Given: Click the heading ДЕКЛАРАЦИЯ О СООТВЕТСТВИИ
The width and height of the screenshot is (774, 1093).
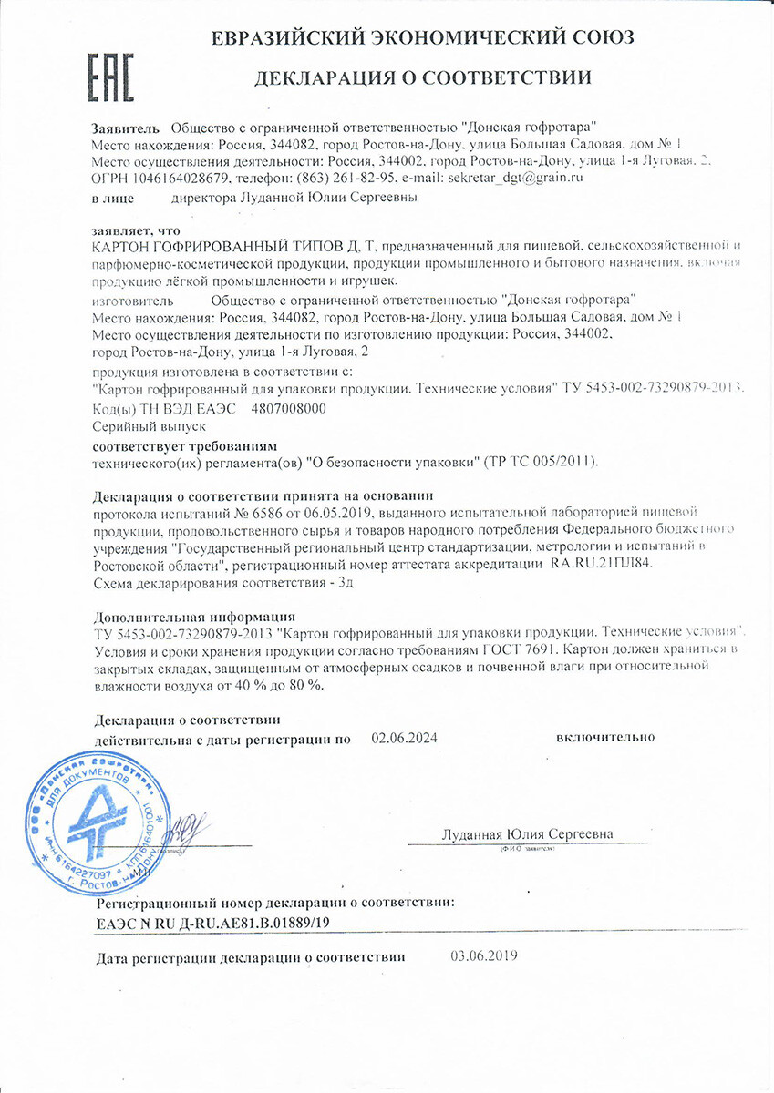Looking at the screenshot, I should [x=422, y=77].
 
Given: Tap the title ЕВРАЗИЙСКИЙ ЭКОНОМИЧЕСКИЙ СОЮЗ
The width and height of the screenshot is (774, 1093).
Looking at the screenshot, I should [x=423, y=37].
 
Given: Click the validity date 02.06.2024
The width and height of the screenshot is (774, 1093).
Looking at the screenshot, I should [x=405, y=739].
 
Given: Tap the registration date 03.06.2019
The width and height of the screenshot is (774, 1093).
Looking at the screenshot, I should [x=484, y=955].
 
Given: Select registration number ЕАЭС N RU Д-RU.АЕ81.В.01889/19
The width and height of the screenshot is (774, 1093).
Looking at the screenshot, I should [x=213, y=923].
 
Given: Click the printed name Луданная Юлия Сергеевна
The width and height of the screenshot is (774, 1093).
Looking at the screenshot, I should [x=527, y=834].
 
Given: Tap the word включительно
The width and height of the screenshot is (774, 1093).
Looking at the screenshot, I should [x=605, y=737].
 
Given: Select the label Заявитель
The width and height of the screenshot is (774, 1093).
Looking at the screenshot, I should [x=126, y=128].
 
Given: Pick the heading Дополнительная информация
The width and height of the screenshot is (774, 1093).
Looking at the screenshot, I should [x=194, y=616].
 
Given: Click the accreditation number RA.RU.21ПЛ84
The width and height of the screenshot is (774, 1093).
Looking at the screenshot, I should [x=603, y=565].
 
